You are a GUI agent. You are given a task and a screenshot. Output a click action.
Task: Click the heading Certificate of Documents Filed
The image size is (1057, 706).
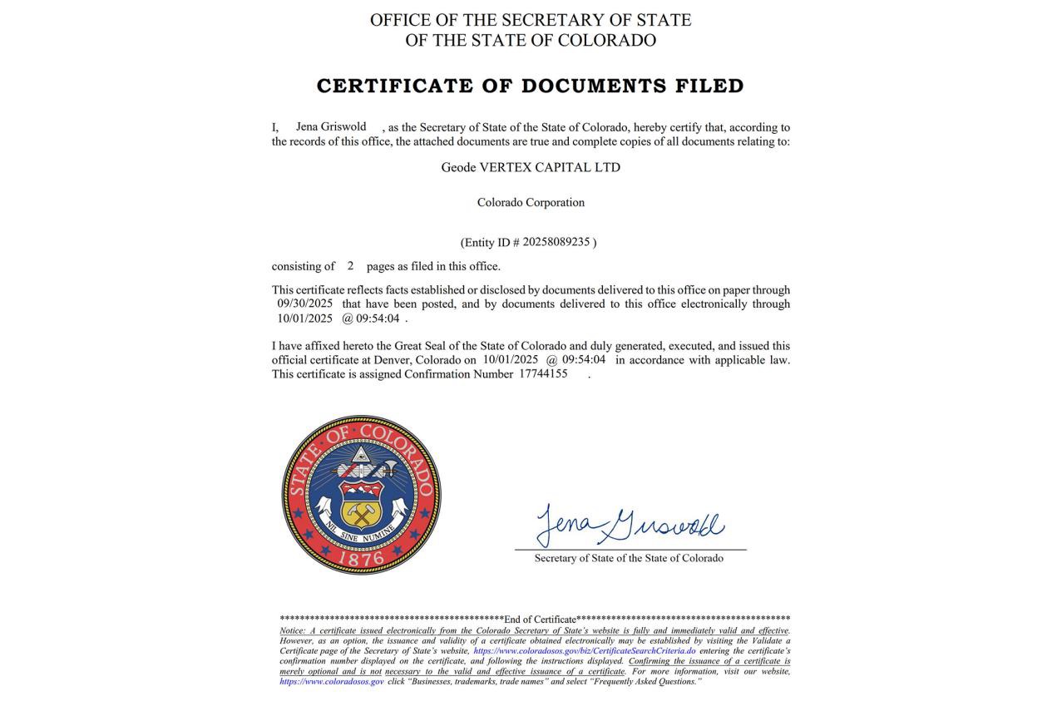[530, 86]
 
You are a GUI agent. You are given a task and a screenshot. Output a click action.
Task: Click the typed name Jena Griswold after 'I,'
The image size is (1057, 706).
[331, 126]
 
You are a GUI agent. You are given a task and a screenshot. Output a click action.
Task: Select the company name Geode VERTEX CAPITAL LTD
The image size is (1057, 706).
[531, 167]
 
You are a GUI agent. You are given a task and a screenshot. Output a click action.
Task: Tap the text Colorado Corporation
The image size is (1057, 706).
[531, 202]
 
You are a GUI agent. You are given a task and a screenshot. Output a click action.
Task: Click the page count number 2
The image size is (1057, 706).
[351, 266]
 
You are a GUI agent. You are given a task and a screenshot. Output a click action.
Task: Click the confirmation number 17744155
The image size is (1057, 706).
[543, 373]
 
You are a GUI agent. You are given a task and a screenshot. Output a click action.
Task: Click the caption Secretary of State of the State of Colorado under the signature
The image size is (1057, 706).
[629, 558]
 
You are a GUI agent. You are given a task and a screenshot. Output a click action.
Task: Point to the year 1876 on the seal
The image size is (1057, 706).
[361, 558]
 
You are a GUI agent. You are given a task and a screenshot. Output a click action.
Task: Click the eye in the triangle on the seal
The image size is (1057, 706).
[361, 454]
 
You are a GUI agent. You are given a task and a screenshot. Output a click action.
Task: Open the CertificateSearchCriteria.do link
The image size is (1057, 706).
[584, 651]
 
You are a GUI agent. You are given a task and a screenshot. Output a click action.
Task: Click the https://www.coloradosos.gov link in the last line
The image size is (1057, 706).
[332, 682]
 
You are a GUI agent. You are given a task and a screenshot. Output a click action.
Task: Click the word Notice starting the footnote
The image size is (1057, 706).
[290, 630]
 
